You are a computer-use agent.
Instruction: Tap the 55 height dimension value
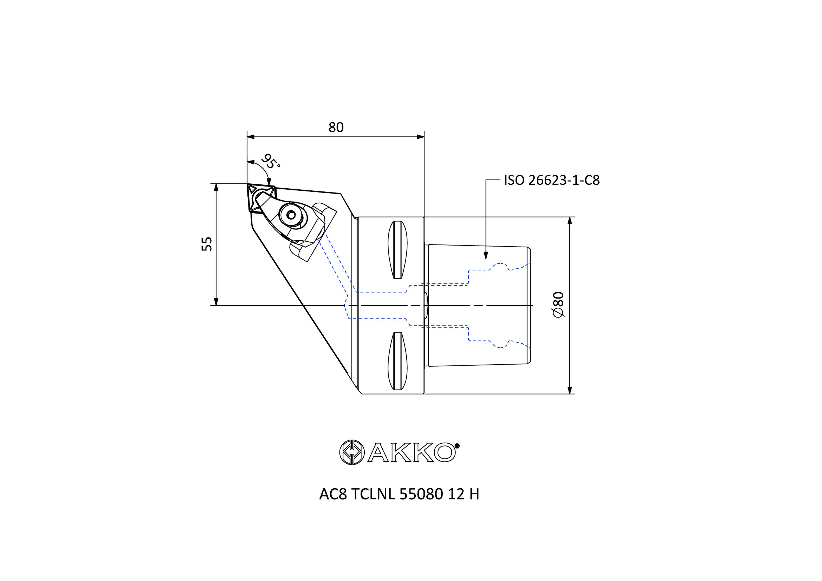coord(207,244)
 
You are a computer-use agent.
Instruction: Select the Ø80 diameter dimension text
coord(558,304)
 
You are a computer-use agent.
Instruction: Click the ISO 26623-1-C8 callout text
coord(551,180)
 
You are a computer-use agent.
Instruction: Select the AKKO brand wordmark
coord(412,453)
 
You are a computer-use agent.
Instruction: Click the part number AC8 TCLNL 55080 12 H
coord(399,494)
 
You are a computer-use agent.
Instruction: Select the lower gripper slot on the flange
coord(397,361)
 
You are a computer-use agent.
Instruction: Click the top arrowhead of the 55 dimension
coord(216,188)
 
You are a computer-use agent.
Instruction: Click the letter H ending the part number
coord(474,494)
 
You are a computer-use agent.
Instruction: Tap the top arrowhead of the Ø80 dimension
coord(570,221)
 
